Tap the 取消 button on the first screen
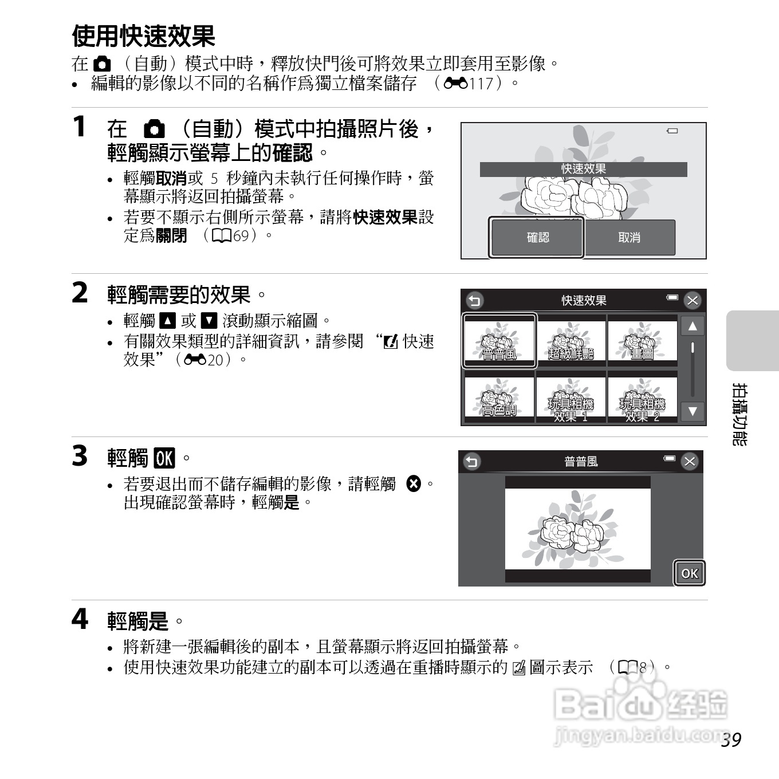click(x=630, y=237)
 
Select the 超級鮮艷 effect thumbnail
click(x=571, y=341)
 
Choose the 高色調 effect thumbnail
click(x=499, y=398)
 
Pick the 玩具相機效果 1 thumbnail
click(x=571, y=398)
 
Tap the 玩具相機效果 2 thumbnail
click(x=642, y=398)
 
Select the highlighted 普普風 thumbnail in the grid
click(x=499, y=341)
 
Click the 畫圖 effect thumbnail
click(x=642, y=341)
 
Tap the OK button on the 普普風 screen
click(x=689, y=573)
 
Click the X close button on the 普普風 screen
click(x=690, y=461)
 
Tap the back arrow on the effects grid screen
click(x=475, y=300)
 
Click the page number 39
click(x=731, y=740)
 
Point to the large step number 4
click(x=80, y=619)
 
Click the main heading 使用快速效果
click(x=144, y=37)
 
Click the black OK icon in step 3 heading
click(x=164, y=458)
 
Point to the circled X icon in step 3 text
click(x=413, y=483)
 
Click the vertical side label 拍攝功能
click(x=740, y=415)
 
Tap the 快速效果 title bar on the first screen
click(x=583, y=170)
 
